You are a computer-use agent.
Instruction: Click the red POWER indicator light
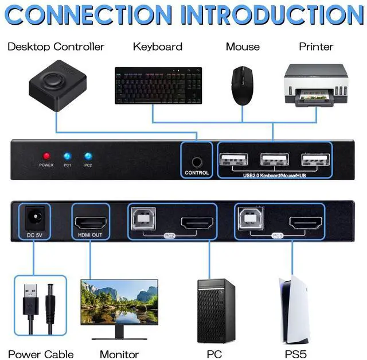pos(46,156)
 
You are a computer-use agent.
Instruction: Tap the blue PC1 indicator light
pos(67,156)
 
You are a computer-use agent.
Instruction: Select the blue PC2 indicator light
pos(88,156)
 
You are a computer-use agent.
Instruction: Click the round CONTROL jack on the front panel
pos(197,156)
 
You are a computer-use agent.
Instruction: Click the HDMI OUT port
pos(89,222)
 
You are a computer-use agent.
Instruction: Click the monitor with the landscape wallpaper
pos(119,305)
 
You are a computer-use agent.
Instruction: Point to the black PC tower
pos(216,309)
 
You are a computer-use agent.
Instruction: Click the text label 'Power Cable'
pos(41,351)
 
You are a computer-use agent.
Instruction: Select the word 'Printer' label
pos(316,47)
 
